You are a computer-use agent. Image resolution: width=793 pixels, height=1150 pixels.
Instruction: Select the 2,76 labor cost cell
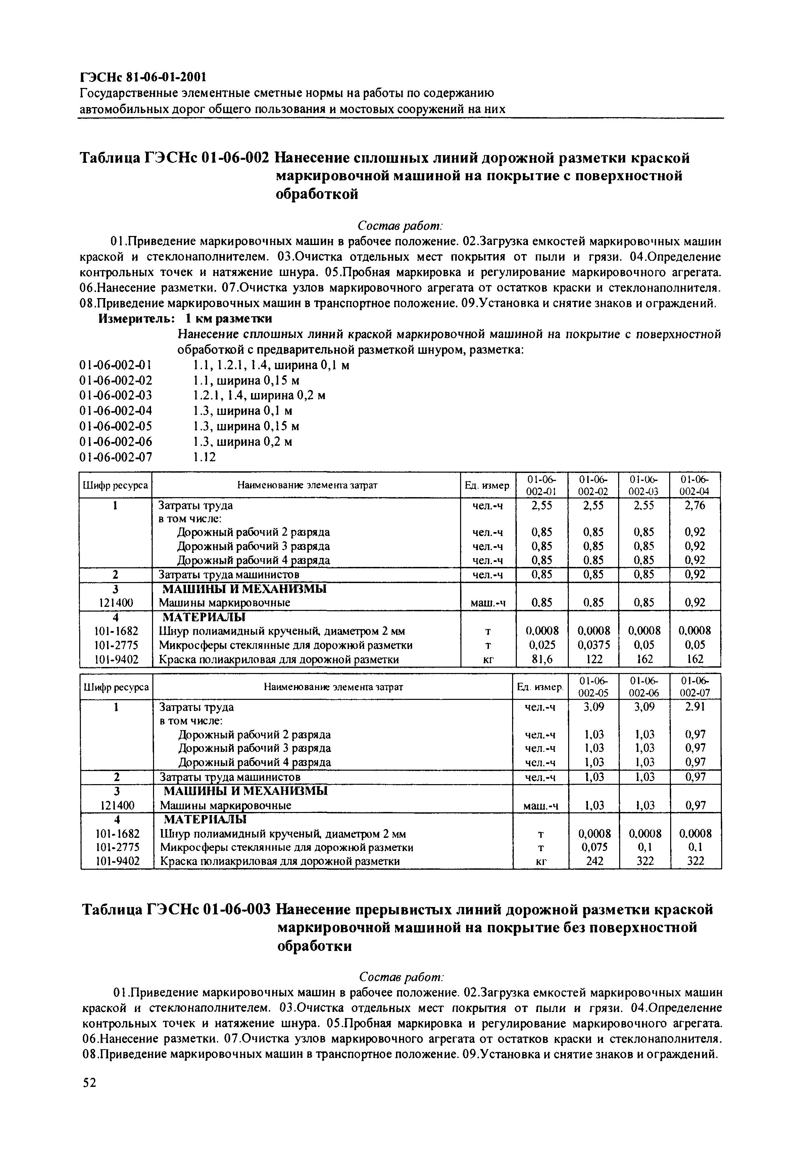click(695, 506)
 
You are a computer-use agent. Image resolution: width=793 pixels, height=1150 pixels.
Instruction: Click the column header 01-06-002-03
click(644, 485)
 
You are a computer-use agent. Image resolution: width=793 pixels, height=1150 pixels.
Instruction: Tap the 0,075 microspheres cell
click(595, 847)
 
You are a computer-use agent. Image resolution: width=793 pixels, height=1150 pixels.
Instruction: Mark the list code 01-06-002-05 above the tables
click(116, 426)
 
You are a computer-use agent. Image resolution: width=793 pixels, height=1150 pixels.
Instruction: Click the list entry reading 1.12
click(204, 457)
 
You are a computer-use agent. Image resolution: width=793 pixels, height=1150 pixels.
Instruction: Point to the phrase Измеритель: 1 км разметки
click(185, 318)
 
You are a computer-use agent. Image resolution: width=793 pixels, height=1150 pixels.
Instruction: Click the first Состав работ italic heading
click(400, 226)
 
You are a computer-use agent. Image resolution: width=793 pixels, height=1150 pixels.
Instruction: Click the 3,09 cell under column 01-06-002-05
click(595, 707)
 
